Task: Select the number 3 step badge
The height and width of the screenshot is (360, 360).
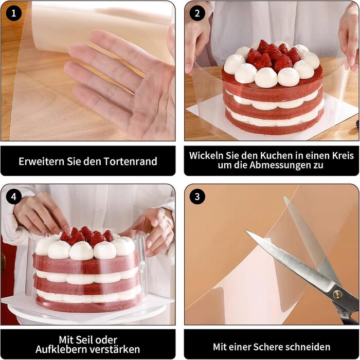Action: pyautogui.click(x=197, y=196)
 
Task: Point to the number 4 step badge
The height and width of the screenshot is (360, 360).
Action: pyautogui.click(x=14, y=196)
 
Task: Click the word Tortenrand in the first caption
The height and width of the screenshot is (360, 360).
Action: pyautogui.click(x=131, y=161)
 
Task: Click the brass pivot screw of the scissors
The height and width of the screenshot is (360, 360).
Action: pyautogui.click(x=337, y=295)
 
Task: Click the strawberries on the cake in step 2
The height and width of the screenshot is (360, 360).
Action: pyautogui.click(x=273, y=56)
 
